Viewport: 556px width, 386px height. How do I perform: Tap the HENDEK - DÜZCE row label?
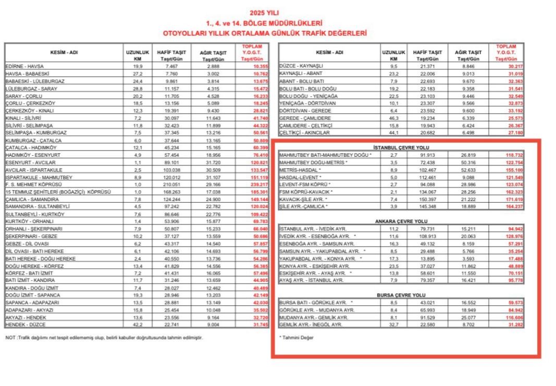(26, 325)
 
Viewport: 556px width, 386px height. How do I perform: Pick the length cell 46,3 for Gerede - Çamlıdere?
(393, 118)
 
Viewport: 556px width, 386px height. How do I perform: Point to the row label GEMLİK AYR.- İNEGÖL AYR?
(312, 324)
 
